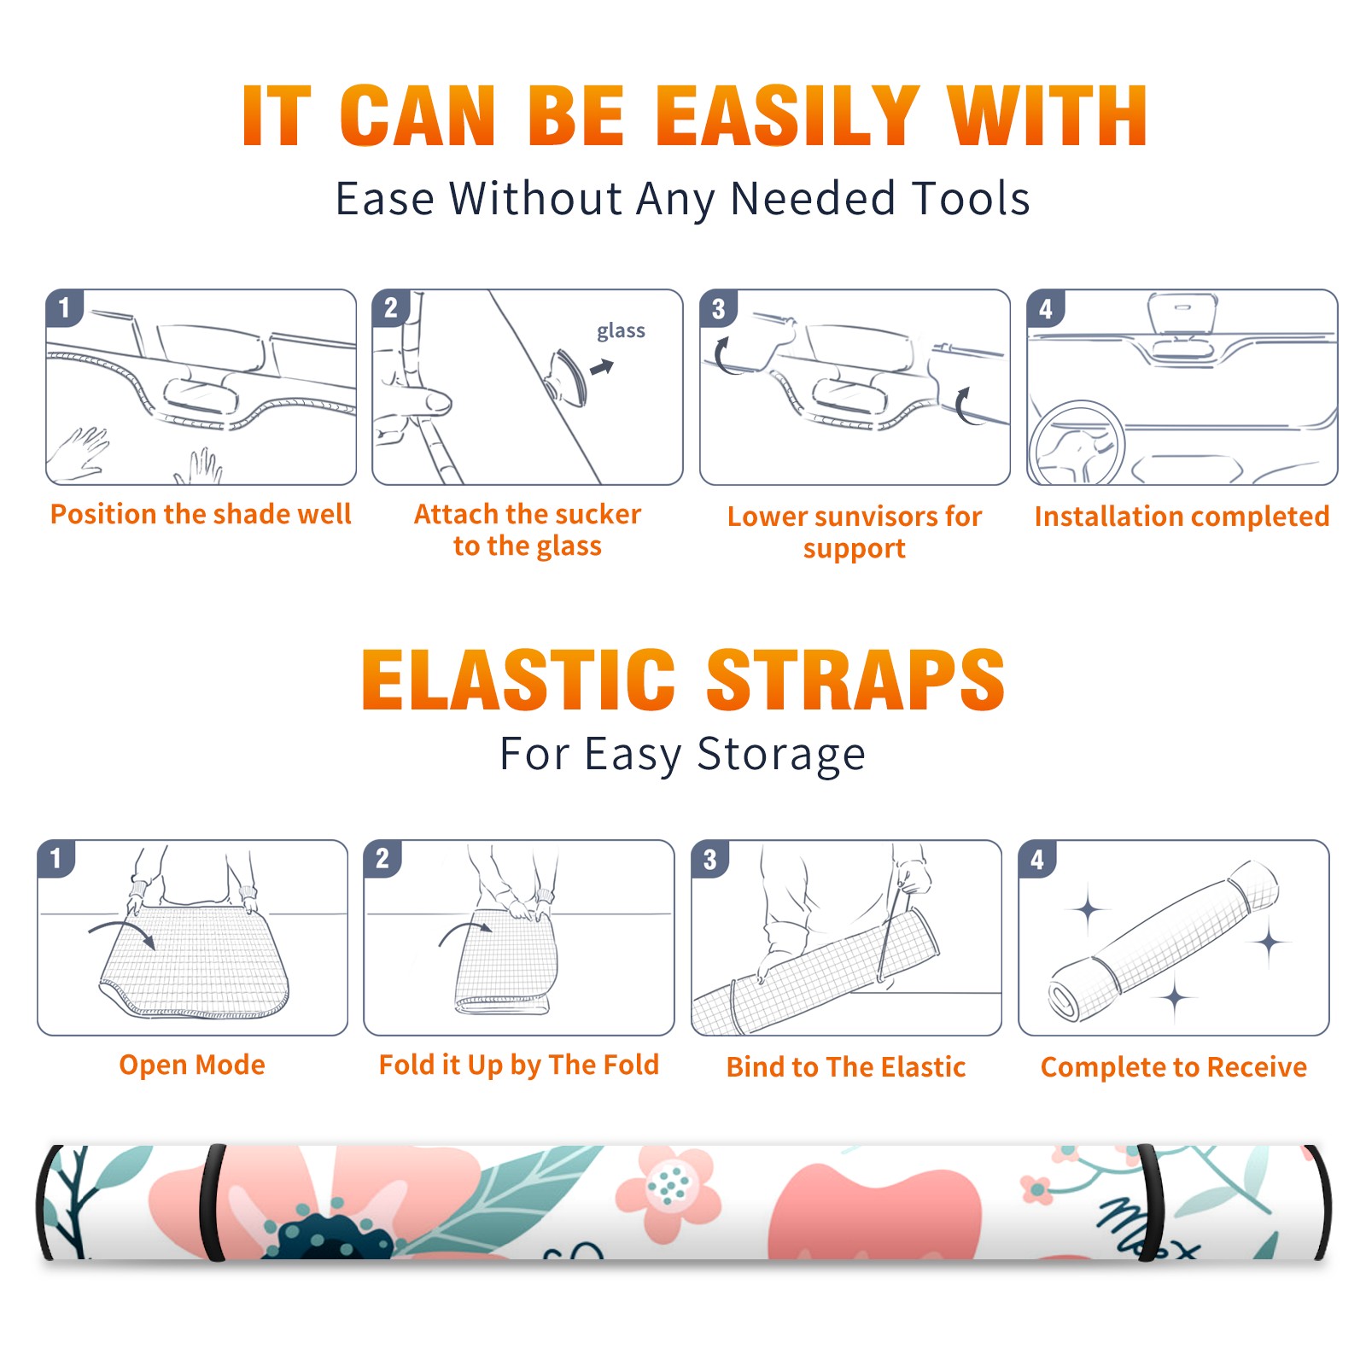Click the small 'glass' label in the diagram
[x=621, y=331]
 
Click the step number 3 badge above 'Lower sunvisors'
[x=717, y=308]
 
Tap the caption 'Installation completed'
[x=1182, y=516]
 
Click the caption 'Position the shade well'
[x=201, y=514]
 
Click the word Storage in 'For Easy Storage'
[x=781, y=755]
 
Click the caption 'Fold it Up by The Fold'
[x=519, y=1065]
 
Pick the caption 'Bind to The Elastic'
[x=846, y=1066]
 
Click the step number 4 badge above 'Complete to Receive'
[x=1036, y=859]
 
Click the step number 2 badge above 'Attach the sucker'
[x=390, y=308]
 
